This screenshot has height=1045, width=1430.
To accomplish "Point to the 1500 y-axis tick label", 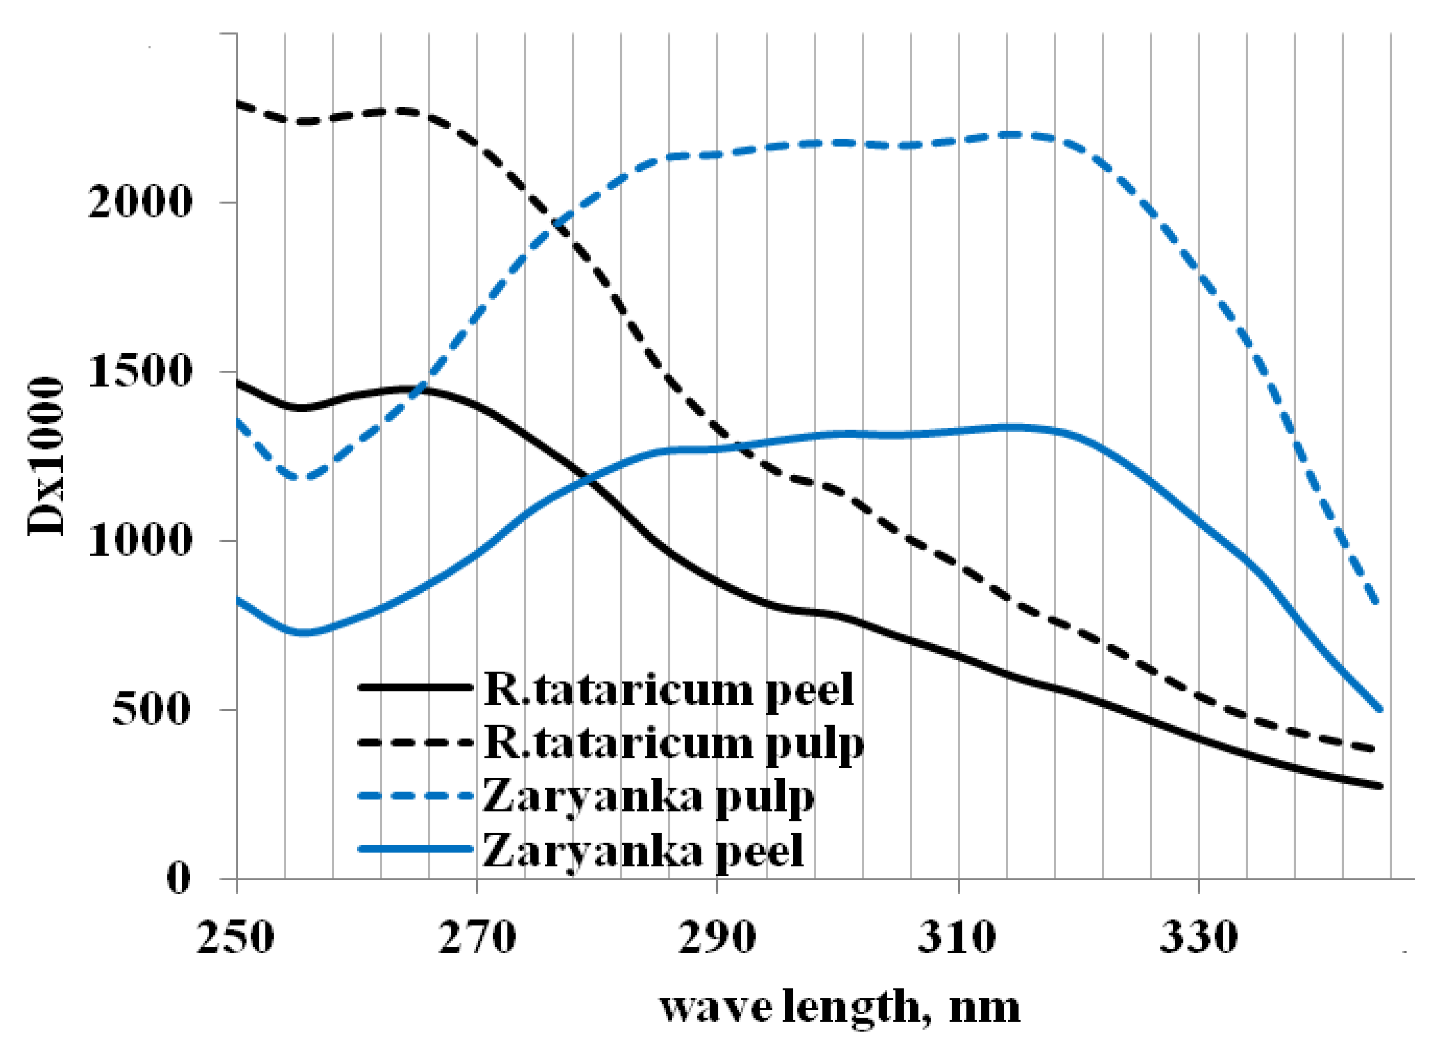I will click(139, 372).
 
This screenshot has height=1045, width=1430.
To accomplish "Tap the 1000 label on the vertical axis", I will click(139, 541).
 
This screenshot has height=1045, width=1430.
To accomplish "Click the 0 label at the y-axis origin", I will click(178, 878).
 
